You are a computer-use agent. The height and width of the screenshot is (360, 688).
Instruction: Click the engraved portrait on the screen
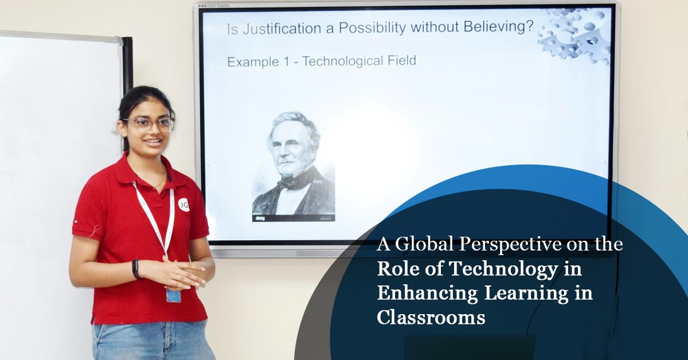pos(294,166)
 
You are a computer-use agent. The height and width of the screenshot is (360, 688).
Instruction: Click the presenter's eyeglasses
pos(149,124)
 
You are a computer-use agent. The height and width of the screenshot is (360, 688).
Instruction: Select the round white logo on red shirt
pos(183,205)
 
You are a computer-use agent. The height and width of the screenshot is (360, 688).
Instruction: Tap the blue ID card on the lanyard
pos(173,295)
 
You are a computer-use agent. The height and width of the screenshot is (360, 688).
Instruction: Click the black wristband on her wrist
pos(136,269)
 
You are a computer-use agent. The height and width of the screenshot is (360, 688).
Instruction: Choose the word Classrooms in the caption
pos(431,317)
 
